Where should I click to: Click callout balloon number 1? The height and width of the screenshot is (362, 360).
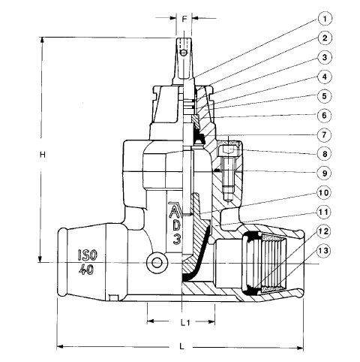tap(324, 19)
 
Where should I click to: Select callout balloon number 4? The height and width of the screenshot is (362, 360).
tap(324, 77)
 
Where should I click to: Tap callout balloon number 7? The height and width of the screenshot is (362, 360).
tap(324, 134)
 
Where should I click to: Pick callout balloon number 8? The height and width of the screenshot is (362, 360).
tap(324, 154)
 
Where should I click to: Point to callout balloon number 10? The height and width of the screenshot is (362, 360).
tap(324, 192)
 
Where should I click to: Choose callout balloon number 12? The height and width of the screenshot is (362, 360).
tap(324, 231)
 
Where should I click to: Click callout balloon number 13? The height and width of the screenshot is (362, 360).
tap(324, 250)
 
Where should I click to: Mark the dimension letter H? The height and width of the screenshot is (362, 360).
tap(43, 155)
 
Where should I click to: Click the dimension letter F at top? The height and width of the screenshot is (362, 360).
tap(184, 19)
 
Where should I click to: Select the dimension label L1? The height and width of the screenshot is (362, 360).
tap(185, 323)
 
